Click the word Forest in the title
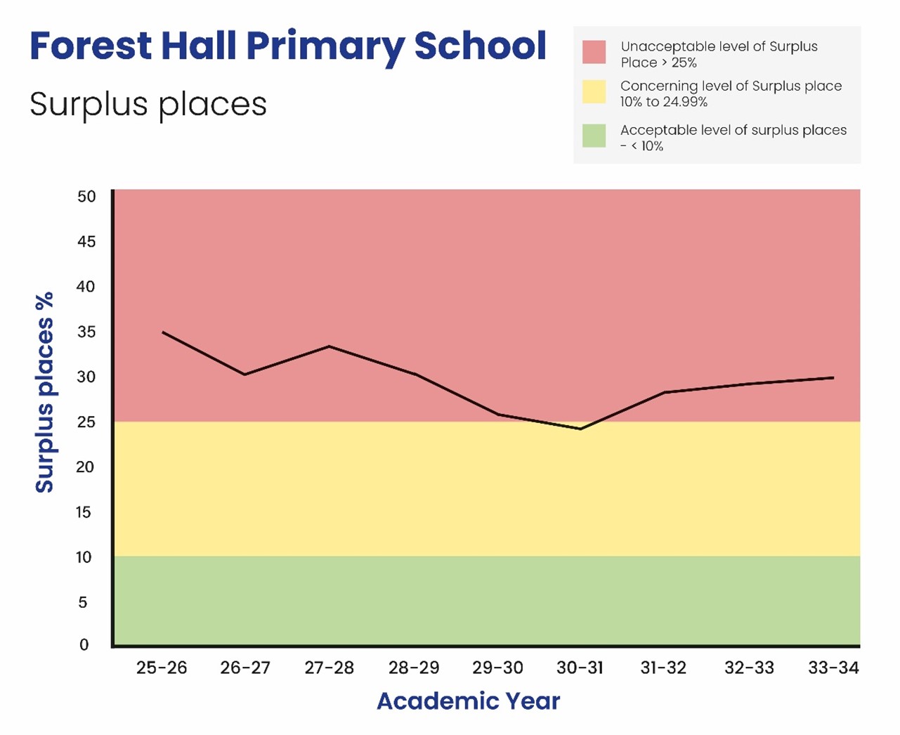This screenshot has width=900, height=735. pyautogui.click(x=90, y=46)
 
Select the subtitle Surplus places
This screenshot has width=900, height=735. pyautogui.click(x=148, y=105)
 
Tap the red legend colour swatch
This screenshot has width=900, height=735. pyautogui.click(x=594, y=53)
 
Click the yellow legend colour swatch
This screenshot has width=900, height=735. pyautogui.click(x=594, y=92)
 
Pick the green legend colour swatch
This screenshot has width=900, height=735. pyautogui.click(x=594, y=136)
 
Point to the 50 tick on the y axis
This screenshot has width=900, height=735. pyautogui.click(x=86, y=197)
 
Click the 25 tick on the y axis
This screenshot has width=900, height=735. pyautogui.click(x=86, y=422)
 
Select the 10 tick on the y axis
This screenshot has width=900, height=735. pyautogui.click(x=84, y=557)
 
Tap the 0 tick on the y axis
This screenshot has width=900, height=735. pyautogui.click(x=84, y=645)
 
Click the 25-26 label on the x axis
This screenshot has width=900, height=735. pyautogui.click(x=162, y=668)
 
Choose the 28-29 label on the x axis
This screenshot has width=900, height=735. pyautogui.click(x=414, y=668)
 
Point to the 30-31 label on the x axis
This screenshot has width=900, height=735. pyautogui.click(x=580, y=668)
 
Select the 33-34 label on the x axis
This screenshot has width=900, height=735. pyautogui.click(x=833, y=668)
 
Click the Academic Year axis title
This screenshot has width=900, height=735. pyautogui.click(x=469, y=701)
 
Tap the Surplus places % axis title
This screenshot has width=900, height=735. pyautogui.click(x=44, y=392)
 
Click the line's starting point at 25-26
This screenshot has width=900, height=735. pyautogui.click(x=163, y=332)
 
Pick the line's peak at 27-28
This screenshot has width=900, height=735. pyautogui.click(x=329, y=346)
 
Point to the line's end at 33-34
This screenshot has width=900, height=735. pyautogui.click(x=833, y=377)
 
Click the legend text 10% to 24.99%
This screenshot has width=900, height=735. pyautogui.click(x=663, y=102)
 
